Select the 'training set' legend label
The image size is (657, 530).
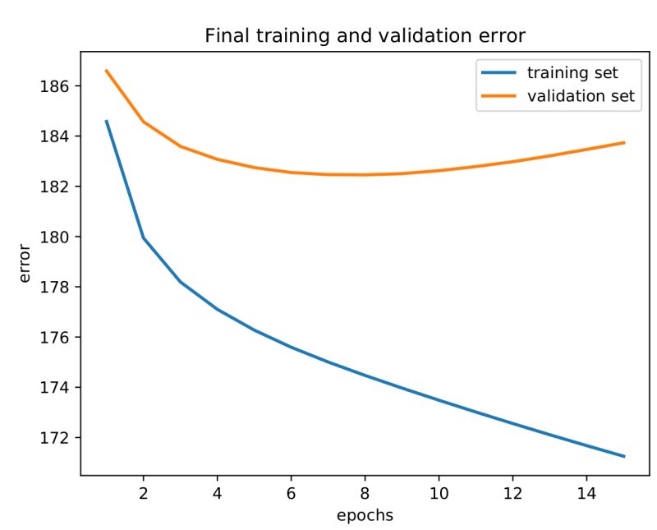click(572, 73)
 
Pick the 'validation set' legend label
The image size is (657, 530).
click(581, 96)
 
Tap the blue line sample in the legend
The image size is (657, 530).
click(495, 73)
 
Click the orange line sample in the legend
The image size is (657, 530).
click(495, 96)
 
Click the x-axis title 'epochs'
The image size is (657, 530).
click(365, 515)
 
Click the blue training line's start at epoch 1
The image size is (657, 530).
click(106, 121)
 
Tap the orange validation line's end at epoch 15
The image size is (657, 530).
click(624, 143)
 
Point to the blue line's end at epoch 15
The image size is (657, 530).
click(624, 456)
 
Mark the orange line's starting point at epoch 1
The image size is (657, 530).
click(106, 71)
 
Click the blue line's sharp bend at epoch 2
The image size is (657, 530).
click(143, 238)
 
